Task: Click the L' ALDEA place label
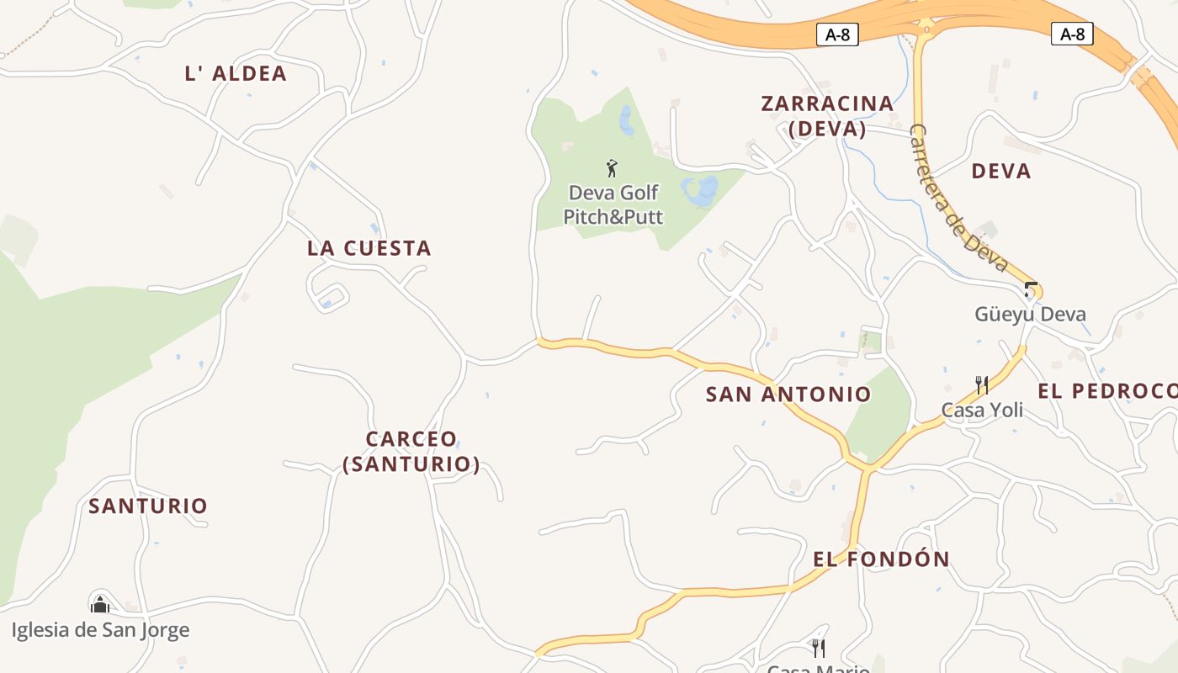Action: click(x=236, y=74)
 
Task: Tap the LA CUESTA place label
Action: click(x=369, y=248)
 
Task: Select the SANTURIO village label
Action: click(x=148, y=506)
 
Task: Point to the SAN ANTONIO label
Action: click(x=788, y=394)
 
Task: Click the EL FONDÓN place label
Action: click(x=881, y=559)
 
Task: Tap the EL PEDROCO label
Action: click(x=1106, y=391)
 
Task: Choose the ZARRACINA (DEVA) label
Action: click(x=827, y=116)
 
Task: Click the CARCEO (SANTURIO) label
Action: click(x=411, y=451)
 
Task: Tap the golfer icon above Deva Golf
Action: click(x=612, y=167)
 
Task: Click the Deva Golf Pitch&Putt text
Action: click(x=613, y=204)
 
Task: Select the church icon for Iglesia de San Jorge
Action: click(x=100, y=603)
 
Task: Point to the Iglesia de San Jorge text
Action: click(x=100, y=630)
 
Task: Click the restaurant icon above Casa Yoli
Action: click(x=981, y=385)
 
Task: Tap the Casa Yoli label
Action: click(x=982, y=411)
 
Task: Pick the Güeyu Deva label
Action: click(x=1030, y=315)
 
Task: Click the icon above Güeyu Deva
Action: click(x=1031, y=289)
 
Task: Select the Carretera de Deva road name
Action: click(x=958, y=199)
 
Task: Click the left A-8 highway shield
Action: click(x=837, y=34)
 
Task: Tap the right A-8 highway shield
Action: click(x=1072, y=34)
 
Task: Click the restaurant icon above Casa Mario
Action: click(x=818, y=647)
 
